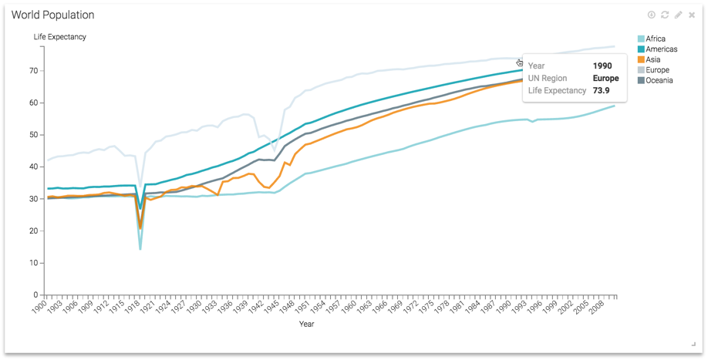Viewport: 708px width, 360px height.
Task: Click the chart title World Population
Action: pyautogui.click(x=52, y=15)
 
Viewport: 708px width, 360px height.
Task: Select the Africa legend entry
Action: pyautogui.click(x=655, y=39)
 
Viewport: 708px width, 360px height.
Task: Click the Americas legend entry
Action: pyautogui.click(x=661, y=49)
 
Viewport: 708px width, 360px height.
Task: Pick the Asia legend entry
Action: pyautogui.click(x=652, y=59)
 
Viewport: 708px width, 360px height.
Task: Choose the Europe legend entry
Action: pyautogui.click(x=657, y=70)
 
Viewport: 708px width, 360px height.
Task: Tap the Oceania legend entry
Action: pyautogui.click(x=659, y=80)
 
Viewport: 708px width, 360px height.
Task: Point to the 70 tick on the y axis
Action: pyautogui.click(x=34, y=70)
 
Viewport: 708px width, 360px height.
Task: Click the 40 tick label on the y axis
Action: pyautogui.click(x=34, y=167)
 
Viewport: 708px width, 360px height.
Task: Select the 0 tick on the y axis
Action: pyautogui.click(x=36, y=295)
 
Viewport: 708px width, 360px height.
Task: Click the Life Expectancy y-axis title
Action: pyautogui.click(x=59, y=37)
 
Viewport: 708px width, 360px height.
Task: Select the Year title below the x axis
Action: pyautogui.click(x=306, y=325)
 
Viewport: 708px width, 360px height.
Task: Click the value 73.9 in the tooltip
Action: pyautogui.click(x=601, y=91)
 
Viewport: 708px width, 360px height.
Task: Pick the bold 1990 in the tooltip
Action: pyautogui.click(x=602, y=66)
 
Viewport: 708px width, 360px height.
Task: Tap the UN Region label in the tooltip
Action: pyautogui.click(x=547, y=79)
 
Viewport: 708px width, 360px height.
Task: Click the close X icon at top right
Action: pyautogui.click(x=692, y=15)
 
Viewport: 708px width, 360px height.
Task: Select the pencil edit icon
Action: pyautogui.click(x=678, y=15)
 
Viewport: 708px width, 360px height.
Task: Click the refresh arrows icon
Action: pyautogui.click(x=665, y=15)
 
